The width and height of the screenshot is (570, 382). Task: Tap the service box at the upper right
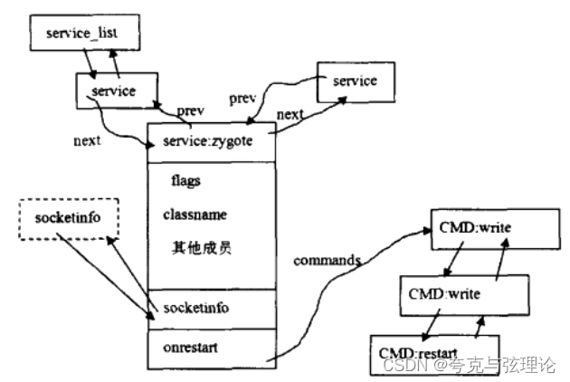(355, 81)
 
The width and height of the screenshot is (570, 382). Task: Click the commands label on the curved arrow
(327, 261)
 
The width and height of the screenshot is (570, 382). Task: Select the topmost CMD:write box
(474, 226)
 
